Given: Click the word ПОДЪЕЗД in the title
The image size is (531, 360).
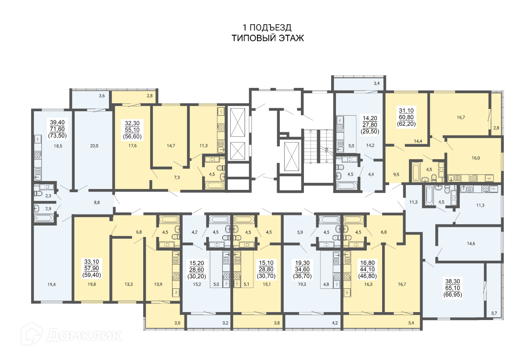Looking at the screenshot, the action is (271, 28).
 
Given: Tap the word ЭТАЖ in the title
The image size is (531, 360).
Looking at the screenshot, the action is (291, 38).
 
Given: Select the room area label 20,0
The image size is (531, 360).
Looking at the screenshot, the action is (94, 145).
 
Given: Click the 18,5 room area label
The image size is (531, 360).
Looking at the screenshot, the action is (58, 146).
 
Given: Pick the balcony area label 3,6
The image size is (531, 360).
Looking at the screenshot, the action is (102, 96).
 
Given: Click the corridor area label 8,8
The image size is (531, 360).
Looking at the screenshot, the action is (97, 203).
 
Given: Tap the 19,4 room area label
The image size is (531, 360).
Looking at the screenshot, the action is (51, 284).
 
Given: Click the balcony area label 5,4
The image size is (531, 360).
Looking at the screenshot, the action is (411, 323).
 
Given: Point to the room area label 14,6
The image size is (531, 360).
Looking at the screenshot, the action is (471, 244).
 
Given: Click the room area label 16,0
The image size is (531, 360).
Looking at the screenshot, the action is (476, 158).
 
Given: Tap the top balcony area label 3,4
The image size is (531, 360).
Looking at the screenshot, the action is (377, 83).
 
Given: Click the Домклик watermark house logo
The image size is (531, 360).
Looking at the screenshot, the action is (32, 334).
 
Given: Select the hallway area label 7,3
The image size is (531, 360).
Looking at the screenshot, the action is (177, 178).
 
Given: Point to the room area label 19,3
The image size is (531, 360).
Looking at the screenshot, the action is (302, 284).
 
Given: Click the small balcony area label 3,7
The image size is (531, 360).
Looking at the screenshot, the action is (494, 313).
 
